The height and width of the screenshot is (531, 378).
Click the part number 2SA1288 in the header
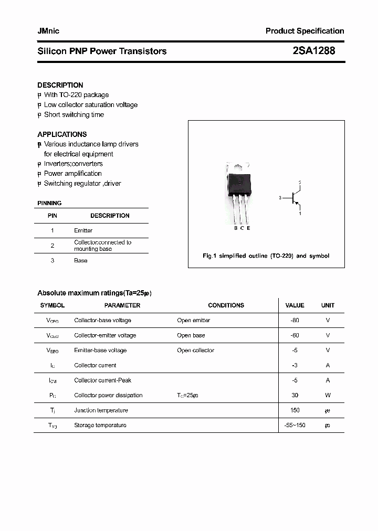313,51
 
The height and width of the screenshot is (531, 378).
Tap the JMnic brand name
48,31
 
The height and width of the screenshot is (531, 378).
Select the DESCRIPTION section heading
60,85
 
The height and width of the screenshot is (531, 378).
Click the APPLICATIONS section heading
62,134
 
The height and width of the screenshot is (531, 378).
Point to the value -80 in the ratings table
295,320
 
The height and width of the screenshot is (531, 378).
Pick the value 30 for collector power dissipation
295,395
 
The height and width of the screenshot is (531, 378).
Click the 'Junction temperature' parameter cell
101,410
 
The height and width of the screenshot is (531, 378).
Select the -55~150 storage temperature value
295,425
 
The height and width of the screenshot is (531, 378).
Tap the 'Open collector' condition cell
195,350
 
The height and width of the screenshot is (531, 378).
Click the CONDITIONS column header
226,305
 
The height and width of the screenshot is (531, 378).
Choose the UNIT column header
328,305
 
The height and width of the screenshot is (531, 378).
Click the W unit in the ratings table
328,395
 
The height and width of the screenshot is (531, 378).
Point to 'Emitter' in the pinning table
83,230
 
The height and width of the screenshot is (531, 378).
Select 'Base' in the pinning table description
81,260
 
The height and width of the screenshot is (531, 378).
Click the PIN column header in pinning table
52,216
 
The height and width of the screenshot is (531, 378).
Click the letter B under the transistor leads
236,228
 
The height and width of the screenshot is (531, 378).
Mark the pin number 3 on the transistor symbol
280,198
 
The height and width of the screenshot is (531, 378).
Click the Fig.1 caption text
266,256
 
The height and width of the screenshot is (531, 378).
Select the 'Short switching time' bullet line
73,114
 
